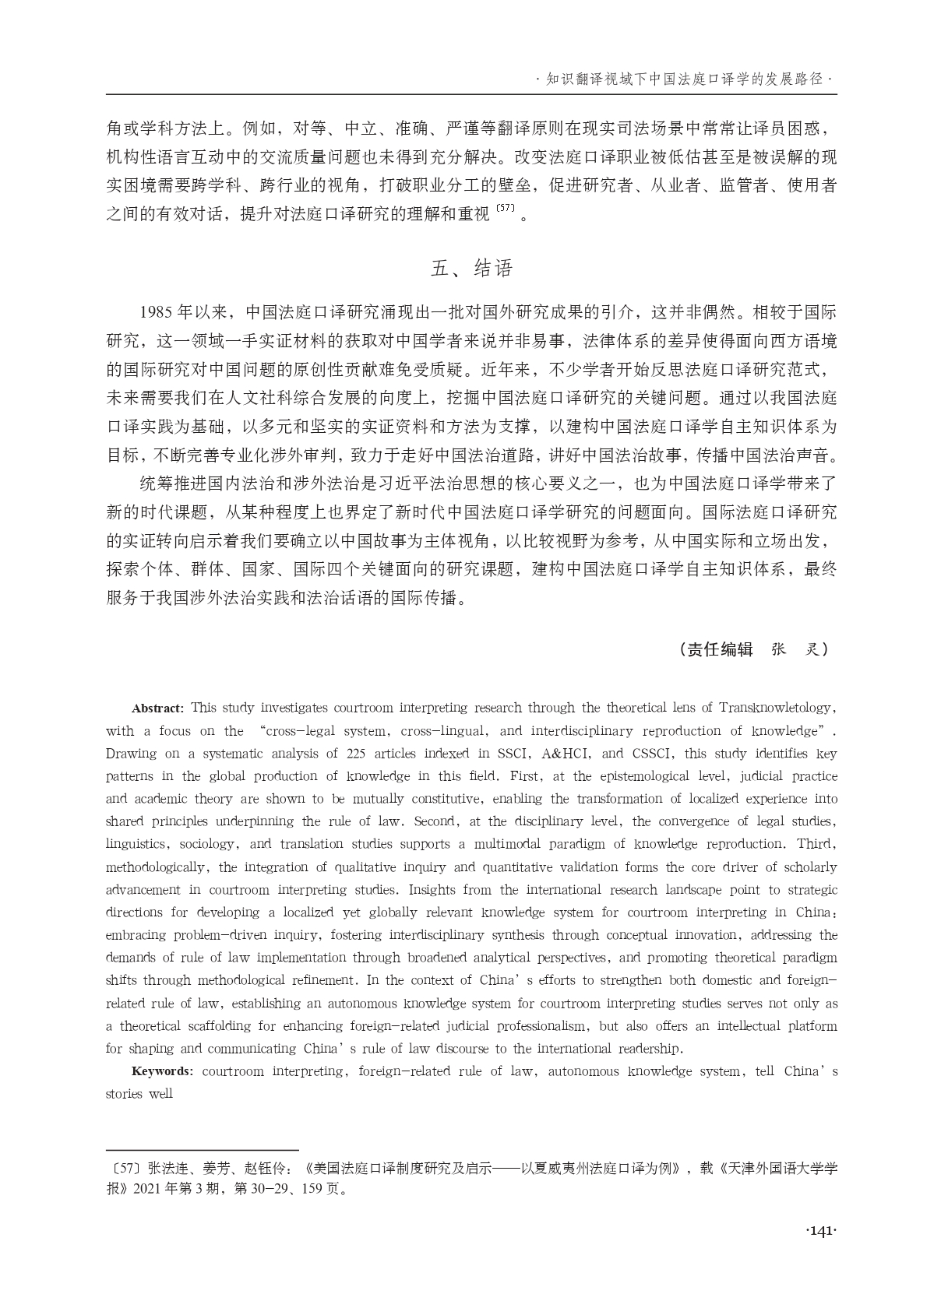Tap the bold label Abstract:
pos(157,708)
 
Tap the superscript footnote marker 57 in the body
pos(506,210)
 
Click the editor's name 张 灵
pos(795,649)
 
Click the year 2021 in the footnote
pos(150,1190)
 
